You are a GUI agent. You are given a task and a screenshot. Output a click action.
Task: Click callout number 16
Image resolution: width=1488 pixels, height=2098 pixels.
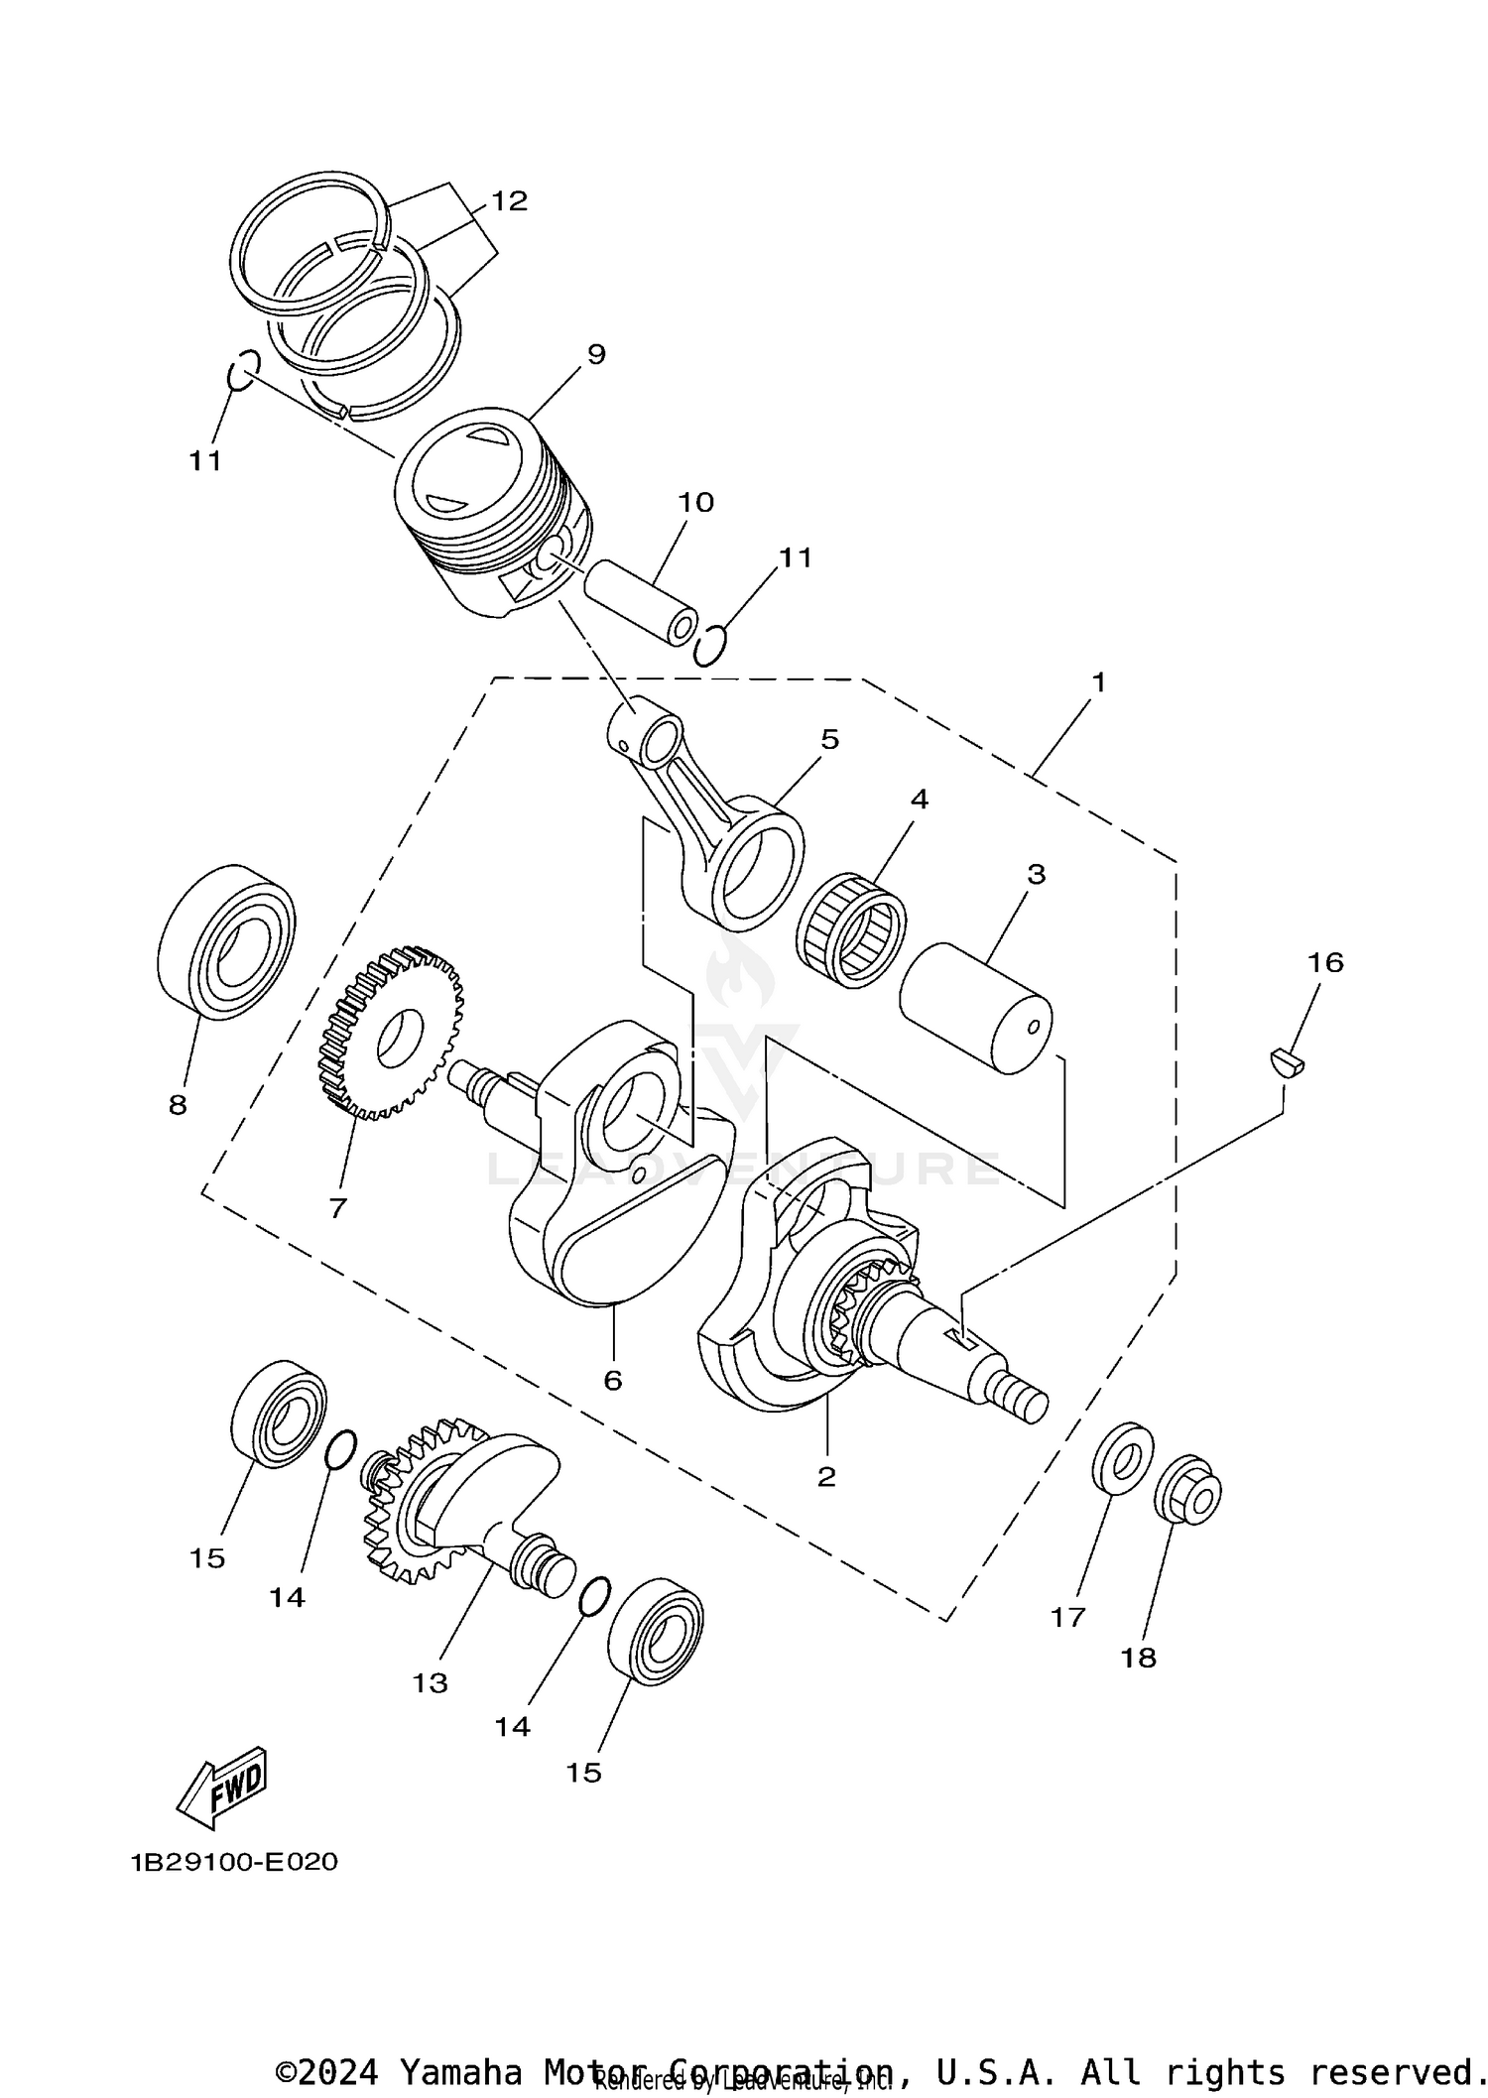[1324, 962]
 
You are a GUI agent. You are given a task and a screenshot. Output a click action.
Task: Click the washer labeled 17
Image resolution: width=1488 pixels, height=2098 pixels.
[1123, 1457]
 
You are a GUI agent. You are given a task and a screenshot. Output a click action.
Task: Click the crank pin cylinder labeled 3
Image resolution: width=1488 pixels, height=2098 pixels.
[976, 1007]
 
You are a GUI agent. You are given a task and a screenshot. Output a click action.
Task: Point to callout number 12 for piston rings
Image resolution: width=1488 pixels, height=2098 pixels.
[509, 201]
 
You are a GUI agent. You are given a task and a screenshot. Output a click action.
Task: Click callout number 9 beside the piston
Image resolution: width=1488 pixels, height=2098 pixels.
[596, 354]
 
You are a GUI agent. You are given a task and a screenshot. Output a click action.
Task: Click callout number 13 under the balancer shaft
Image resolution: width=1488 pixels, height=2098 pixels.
[431, 1682]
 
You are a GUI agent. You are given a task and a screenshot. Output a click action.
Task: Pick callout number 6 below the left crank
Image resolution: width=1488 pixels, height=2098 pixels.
[613, 1380]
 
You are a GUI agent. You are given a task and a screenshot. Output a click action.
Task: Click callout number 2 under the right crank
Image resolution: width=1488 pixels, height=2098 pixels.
[826, 1476]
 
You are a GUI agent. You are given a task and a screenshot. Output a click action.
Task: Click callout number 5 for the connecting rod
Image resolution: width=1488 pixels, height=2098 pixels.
[829, 739]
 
